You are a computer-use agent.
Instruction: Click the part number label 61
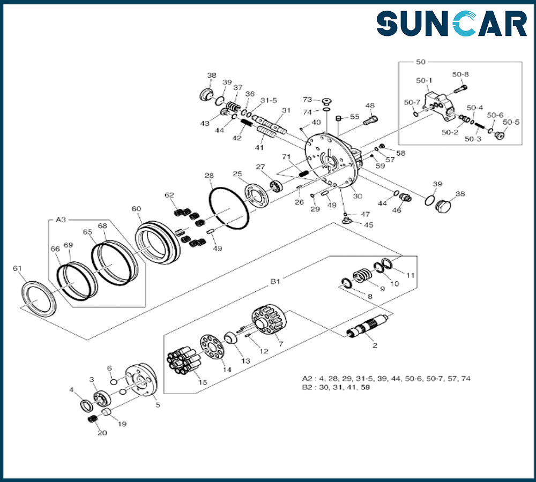pos(17,268)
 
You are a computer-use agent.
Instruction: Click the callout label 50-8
pos(460,74)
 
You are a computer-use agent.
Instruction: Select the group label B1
pos(275,280)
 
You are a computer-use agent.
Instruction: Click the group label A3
pos(61,220)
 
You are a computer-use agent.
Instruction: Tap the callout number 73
pos(307,100)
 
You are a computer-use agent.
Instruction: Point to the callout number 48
pos(370,106)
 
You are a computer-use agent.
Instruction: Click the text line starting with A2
pos(386,379)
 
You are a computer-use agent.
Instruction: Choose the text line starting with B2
pos(336,387)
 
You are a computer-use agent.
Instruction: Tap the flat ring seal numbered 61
pos(39,298)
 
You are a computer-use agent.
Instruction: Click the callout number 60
pos(136,209)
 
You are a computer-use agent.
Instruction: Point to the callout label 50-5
pos(512,122)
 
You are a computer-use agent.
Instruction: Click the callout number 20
pos(102,433)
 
